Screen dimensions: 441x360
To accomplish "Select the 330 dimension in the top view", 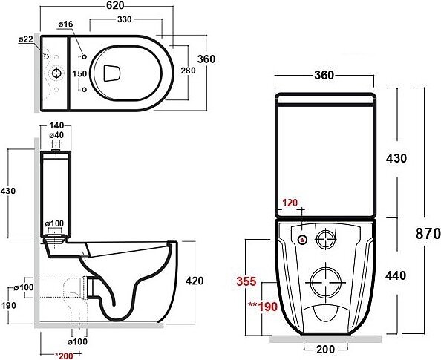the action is coord(124,19).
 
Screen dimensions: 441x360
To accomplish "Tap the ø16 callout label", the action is coord(65,24).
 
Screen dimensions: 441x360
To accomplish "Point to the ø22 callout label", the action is coord(26,39).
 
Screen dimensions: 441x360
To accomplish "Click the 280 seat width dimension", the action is coord(188,71).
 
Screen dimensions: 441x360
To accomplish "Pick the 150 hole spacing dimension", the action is coord(79,73).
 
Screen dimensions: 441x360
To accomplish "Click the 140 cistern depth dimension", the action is coord(56,125).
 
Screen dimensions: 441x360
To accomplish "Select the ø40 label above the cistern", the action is coord(56,135).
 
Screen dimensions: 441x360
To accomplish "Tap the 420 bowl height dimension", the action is coord(195,281).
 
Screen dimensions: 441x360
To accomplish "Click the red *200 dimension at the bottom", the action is coord(64,356).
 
